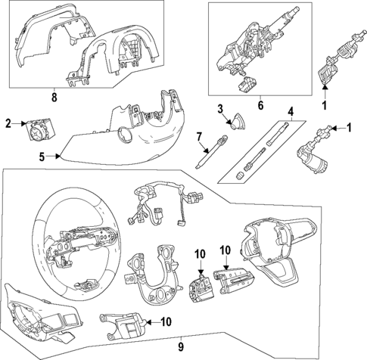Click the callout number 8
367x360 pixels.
(53, 96)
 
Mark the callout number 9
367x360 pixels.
(181, 347)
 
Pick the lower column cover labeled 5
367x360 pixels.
(129, 136)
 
